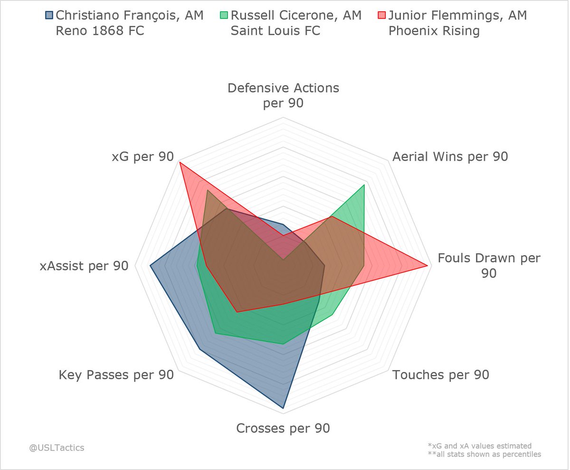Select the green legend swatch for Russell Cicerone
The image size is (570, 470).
tap(223, 15)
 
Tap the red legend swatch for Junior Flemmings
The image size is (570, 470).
tap(380, 15)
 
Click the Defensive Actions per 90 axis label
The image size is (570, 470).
tap(283, 95)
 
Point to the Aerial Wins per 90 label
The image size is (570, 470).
tap(450, 157)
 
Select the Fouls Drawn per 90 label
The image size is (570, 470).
tap(489, 266)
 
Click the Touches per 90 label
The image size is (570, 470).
tap(441, 375)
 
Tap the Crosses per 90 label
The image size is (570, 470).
tap(283, 428)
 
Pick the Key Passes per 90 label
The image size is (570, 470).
tap(116, 375)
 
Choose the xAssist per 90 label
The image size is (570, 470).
tap(85, 266)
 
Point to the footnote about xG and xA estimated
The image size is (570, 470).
tap(479, 446)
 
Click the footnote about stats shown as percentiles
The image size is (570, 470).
tap(484, 454)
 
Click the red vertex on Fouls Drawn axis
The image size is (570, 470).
tap(428, 266)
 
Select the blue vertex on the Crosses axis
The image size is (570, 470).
tap(283, 408)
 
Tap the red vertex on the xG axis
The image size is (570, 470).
tap(180, 163)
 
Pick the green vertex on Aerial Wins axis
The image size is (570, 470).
tap(364, 185)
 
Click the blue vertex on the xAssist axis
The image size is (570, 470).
tap(150, 266)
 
